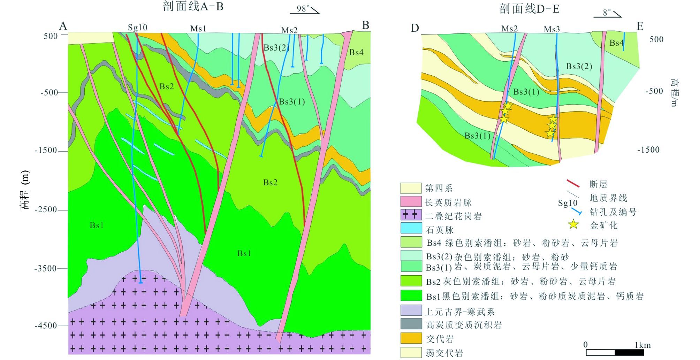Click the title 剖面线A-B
(193, 7)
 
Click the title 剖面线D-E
(529, 9)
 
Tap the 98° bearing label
(303, 8)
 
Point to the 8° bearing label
(607, 13)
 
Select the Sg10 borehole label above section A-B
(137, 28)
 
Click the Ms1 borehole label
(198, 28)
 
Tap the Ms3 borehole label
(552, 29)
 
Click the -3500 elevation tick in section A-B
(46, 268)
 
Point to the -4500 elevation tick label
(46, 325)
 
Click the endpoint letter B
(365, 25)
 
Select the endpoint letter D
(414, 28)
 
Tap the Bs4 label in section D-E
(616, 43)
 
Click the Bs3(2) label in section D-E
(579, 66)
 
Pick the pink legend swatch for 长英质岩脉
(411, 202)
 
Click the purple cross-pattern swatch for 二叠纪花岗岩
(411, 215)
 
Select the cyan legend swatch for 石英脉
(411, 229)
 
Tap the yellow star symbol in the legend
(573, 224)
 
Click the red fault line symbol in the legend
(573, 183)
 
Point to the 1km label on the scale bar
(642, 345)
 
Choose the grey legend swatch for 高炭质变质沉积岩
(411, 324)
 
